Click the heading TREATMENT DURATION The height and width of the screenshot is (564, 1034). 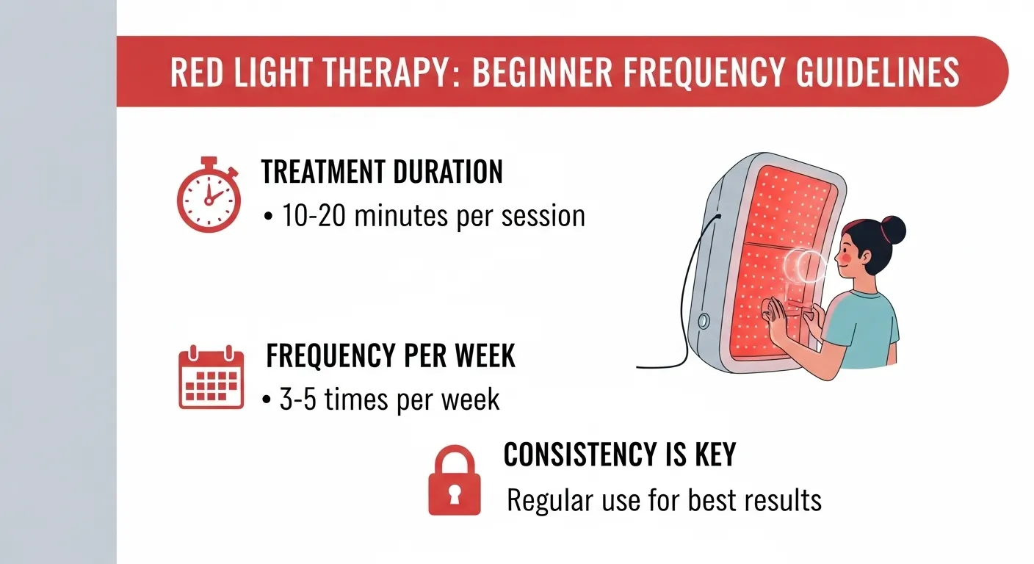(x=382, y=172)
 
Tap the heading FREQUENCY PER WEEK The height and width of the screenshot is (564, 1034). (x=390, y=355)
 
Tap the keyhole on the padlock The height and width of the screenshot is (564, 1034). (x=454, y=494)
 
